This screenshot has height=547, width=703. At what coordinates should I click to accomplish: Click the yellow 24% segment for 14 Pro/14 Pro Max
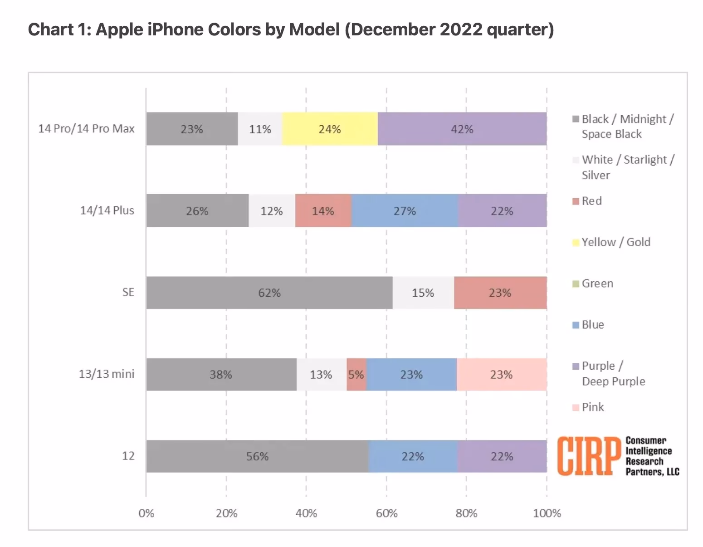pos(330,129)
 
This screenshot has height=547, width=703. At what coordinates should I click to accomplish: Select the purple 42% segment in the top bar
pos(462,129)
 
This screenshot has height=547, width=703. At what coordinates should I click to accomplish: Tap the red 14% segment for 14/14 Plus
pos(323,211)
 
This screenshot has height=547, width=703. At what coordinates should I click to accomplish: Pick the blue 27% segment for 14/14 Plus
pos(405,211)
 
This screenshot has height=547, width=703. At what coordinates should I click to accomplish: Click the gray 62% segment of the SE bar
pos(269,293)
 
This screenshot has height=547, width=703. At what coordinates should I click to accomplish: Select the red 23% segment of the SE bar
pos(500,293)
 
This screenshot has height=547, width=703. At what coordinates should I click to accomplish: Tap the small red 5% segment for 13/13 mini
pos(356,375)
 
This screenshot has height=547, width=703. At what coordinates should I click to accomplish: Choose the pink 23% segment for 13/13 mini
pos(501,375)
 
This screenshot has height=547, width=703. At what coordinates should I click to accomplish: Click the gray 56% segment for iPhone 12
pos(257,456)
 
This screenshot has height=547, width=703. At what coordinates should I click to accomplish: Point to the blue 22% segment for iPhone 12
pos(413,456)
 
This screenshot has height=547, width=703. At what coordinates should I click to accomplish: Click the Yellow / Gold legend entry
pos(615,242)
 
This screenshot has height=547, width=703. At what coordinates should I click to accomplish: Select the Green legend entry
pos(597,283)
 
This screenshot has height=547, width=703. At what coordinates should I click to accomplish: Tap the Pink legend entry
pos(592,407)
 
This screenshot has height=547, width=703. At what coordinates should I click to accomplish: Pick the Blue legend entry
pos(592,325)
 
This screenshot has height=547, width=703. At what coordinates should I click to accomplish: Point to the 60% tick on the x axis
pos(386,513)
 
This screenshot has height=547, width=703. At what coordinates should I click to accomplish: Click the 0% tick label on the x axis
pos(146,513)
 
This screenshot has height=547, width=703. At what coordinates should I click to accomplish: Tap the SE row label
pos(128,293)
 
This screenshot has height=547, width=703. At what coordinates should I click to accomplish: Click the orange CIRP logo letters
pos(588,456)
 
